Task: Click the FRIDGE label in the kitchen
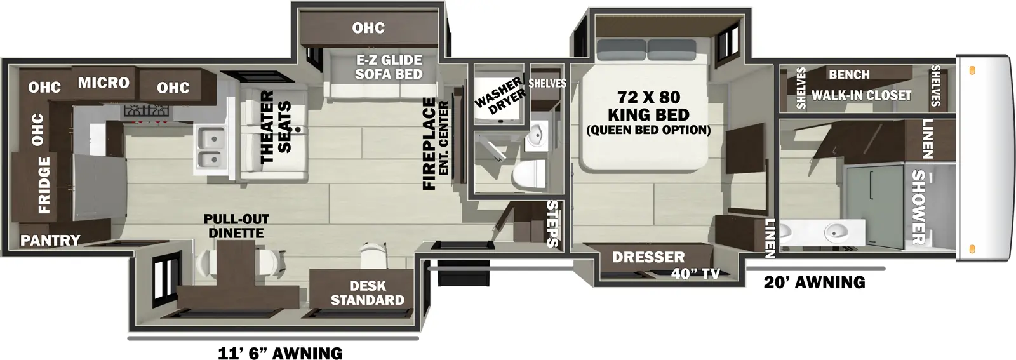tap(43, 186)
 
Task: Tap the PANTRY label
tap(50, 240)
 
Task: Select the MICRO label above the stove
tap(103, 83)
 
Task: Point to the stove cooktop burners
tap(147, 111)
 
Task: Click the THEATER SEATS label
tap(275, 127)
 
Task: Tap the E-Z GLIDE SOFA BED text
tap(389, 67)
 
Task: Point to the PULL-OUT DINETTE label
tap(236, 226)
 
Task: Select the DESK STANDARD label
tap(367, 293)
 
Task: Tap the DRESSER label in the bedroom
tap(648, 257)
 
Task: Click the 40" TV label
tap(695, 274)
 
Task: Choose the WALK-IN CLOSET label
tap(861, 95)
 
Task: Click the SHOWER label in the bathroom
tap(918, 207)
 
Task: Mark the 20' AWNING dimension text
tap(814, 282)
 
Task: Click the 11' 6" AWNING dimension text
tap(280, 353)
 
